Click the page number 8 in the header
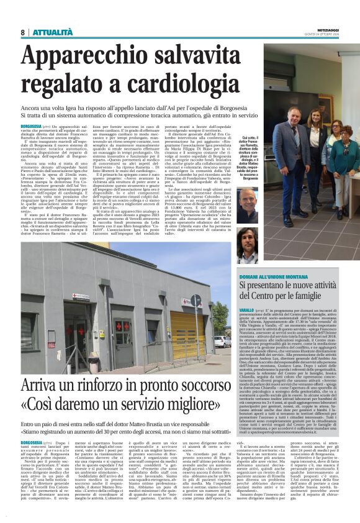pos(22,32)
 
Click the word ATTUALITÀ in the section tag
pos(50,32)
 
